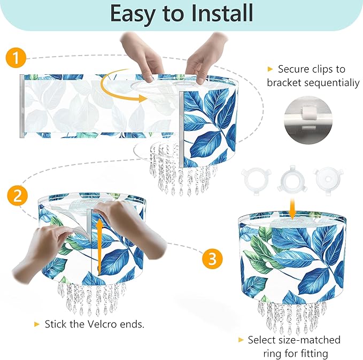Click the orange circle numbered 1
click(16, 58)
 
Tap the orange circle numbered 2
click(17, 195)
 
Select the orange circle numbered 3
click(212, 259)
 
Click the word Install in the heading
click(222, 13)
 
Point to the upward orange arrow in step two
click(100, 247)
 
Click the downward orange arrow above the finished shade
click(292, 208)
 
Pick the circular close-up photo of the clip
click(308, 120)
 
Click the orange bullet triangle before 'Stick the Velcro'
click(36, 324)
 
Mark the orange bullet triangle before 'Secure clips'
click(270, 69)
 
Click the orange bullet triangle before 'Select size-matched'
click(241, 340)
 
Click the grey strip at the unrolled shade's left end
click(22, 106)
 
